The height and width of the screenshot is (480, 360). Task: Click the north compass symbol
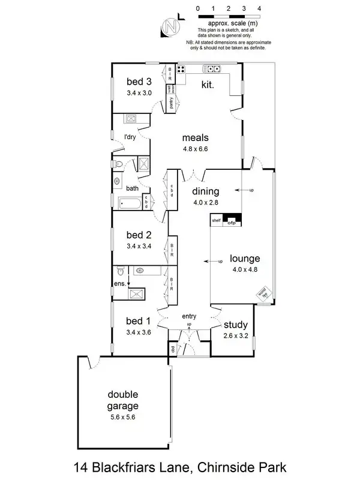tap(171, 26)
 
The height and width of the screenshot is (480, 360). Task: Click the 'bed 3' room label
tap(139, 82)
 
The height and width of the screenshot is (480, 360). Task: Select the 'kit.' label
tap(208, 85)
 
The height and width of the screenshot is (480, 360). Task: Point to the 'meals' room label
tap(195, 137)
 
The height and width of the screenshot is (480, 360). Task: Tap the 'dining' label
tap(206, 192)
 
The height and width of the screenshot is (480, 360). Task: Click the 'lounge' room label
tap(245, 259)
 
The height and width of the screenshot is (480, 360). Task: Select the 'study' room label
tap(235, 325)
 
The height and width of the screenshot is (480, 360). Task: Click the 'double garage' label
tap(122, 400)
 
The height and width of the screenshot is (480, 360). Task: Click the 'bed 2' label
tap(139, 235)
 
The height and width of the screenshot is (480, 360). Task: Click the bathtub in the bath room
tap(131, 203)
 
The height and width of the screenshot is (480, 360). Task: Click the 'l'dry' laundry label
tap(130, 137)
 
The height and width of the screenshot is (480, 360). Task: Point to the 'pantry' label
tap(172, 103)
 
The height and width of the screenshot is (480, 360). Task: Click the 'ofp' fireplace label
tap(232, 223)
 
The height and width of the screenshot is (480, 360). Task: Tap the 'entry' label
tap(190, 316)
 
